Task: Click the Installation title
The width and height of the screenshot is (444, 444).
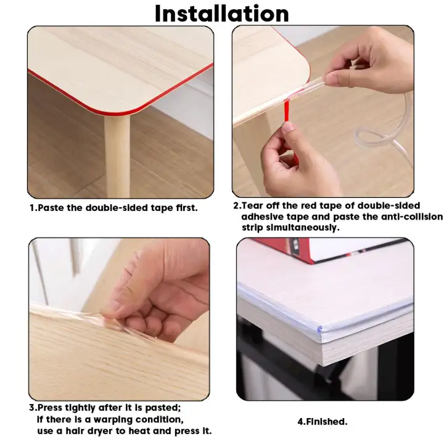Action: pos(222,14)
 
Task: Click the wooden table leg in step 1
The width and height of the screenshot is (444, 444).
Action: pos(117,156)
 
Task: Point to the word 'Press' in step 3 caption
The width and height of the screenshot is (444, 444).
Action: pos(50,408)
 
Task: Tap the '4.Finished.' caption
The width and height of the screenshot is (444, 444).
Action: pos(323,422)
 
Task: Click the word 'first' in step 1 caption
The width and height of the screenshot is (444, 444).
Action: pos(187,208)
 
